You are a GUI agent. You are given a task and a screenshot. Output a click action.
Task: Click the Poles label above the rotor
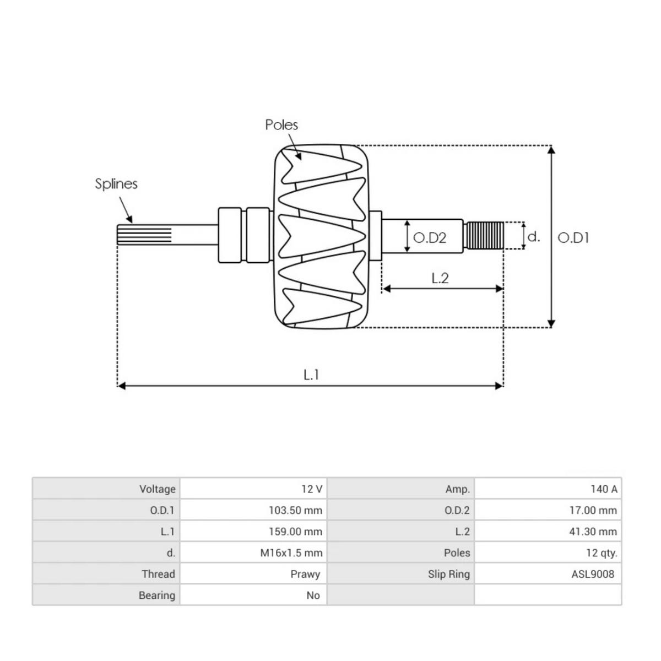pyautogui.click(x=281, y=125)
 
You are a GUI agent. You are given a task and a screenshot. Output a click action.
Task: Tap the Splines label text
pyautogui.click(x=116, y=184)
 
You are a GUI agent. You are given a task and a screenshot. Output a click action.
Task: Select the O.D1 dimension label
pyautogui.click(x=573, y=238)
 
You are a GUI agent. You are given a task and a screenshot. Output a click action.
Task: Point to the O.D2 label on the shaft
pyautogui.click(x=430, y=238)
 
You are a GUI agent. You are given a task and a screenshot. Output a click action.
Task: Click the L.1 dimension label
pyautogui.click(x=311, y=375)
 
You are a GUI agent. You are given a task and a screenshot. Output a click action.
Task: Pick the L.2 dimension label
pyautogui.click(x=440, y=278)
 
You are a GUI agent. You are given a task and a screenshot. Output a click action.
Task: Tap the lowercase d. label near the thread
pyautogui.click(x=533, y=237)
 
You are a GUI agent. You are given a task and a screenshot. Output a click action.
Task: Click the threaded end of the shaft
pyautogui.click(x=485, y=236)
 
